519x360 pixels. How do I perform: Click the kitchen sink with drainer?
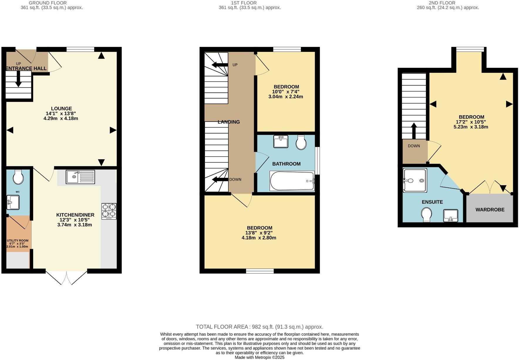(x=80, y=177)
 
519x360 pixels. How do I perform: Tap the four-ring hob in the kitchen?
(x=109, y=211)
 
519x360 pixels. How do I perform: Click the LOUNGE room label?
(x=61, y=109)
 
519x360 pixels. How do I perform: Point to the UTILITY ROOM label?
(x=18, y=241)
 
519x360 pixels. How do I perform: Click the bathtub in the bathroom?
(x=292, y=181)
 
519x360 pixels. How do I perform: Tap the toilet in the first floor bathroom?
(x=301, y=143)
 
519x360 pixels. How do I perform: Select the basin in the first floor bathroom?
(x=281, y=142)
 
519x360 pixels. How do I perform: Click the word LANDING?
(x=229, y=122)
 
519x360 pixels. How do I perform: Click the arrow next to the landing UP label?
(x=220, y=65)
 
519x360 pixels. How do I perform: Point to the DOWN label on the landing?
(x=235, y=180)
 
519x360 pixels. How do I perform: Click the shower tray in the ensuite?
(x=415, y=180)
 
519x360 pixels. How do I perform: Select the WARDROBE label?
(x=490, y=210)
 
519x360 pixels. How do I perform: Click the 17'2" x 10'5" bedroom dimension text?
(x=471, y=122)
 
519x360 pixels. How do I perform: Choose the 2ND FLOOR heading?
(x=442, y=3)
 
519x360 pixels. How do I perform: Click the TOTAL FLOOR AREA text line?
(x=259, y=327)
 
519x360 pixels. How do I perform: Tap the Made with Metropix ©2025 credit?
(x=259, y=357)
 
